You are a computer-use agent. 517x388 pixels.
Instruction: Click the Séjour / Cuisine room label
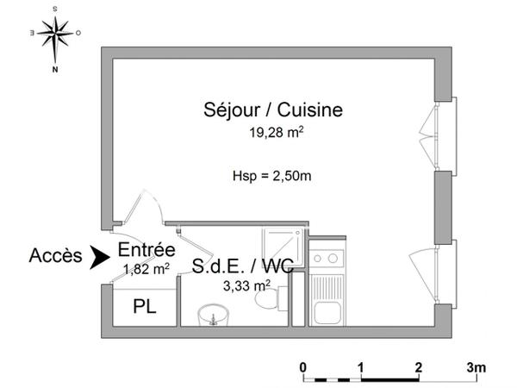tap(273, 110)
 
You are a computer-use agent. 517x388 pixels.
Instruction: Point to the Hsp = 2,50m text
tap(271, 176)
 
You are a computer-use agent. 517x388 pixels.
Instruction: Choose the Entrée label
tap(147, 250)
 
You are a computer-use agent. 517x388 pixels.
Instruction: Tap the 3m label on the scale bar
tap(476, 367)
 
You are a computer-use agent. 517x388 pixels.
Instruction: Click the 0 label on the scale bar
tap(303, 367)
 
